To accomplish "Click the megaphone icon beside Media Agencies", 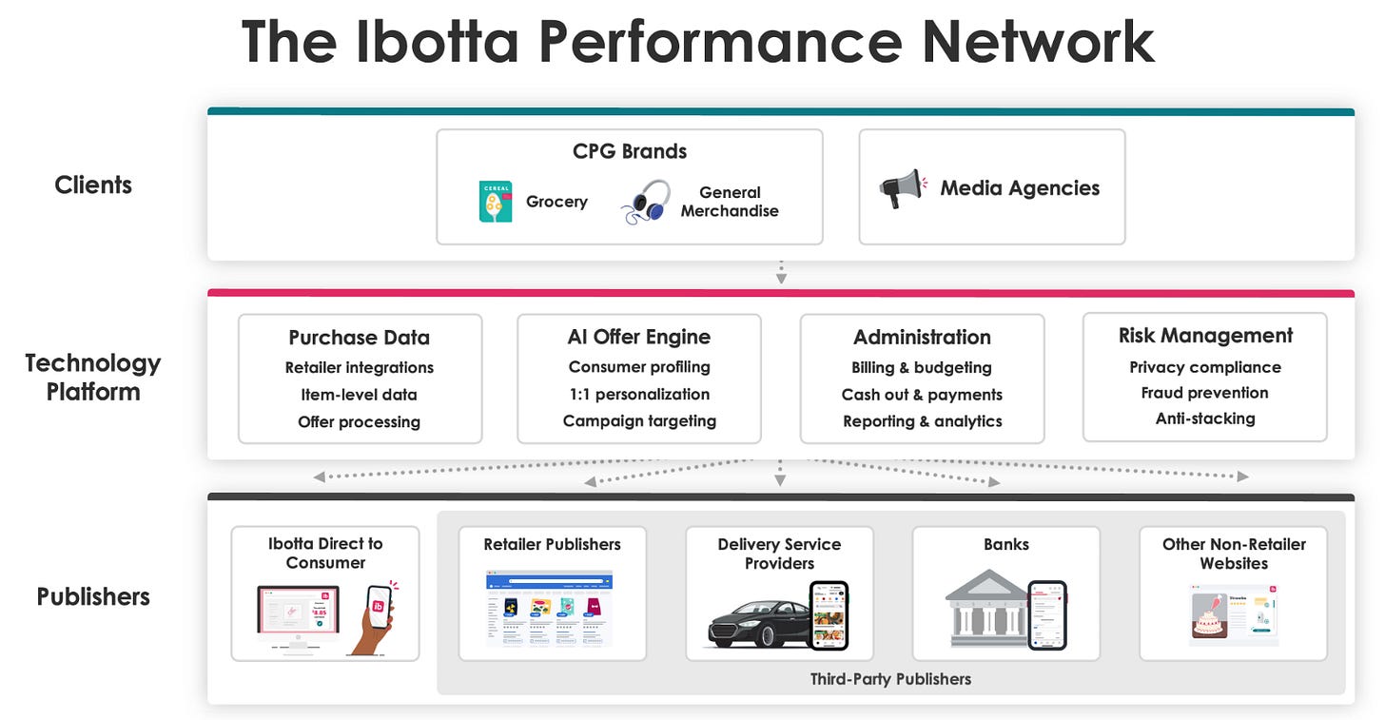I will coord(902,188).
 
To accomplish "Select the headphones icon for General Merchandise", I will coord(646,202).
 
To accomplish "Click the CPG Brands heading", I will coord(630,151).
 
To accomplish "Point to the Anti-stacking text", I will coord(1205,418).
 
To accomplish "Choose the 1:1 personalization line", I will coord(639,394).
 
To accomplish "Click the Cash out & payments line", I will coord(922,395).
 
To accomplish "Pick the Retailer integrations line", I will coord(360,367).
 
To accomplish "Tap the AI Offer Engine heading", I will coord(639,337).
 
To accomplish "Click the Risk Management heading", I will coord(1205,336).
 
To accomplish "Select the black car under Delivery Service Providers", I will coord(757,624).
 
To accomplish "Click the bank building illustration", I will coord(986,609).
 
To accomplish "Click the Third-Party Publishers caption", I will coord(890,679).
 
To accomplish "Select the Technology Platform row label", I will coord(93,378).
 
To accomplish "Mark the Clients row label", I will coord(93,185).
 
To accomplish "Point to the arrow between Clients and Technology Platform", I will coord(781,273).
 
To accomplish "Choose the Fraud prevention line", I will coord(1205,393).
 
